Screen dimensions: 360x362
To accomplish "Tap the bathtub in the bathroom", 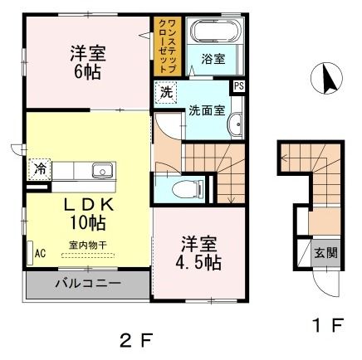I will point(216,32).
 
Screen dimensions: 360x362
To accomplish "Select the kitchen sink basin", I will point(102,172).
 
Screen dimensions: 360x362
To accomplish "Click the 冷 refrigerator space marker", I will point(38,168).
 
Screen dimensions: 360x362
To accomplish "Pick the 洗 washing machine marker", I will point(166,91).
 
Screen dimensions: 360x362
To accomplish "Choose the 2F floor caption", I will point(136,338).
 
